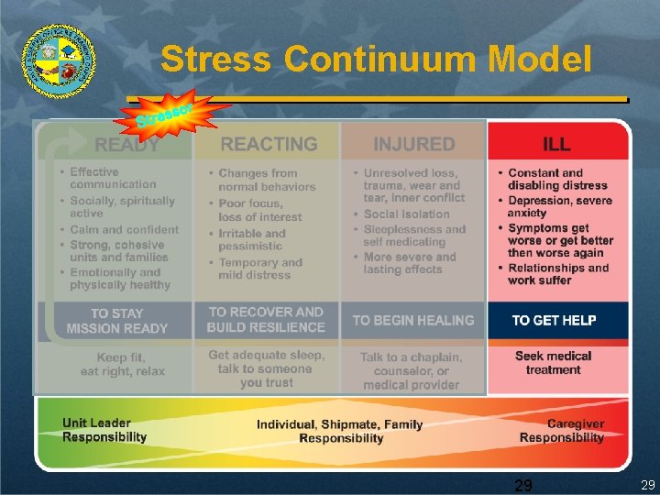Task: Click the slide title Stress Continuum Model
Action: pyautogui.click(x=376, y=60)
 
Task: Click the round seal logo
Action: pyautogui.click(x=59, y=60)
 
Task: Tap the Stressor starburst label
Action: pyautogui.click(x=167, y=114)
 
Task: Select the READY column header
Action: pyautogui.click(x=126, y=144)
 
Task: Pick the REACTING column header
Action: pyautogui.click(x=269, y=144)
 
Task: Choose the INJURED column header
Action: pyautogui.click(x=413, y=144)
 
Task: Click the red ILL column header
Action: pyautogui.click(x=556, y=144)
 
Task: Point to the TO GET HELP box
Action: pyautogui.click(x=554, y=320)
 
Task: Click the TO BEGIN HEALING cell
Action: pyautogui.click(x=413, y=320)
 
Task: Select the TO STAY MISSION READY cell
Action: pyautogui.click(x=117, y=321)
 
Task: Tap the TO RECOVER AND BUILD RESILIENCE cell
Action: pyautogui.click(x=266, y=319)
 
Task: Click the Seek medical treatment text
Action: pyautogui.click(x=553, y=363)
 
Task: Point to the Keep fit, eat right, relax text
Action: pyautogui.click(x=123, y=364)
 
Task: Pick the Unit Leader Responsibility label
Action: pyautogui.click(x=104, y=430)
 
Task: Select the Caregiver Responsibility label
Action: pyautogui.click(x=562, y=431)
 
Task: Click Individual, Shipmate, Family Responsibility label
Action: pyautogui.click(x=340, y=431)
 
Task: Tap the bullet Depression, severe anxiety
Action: pyautogui.click(x=559, y=206)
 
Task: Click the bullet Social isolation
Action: pyautogui.click(x=406, y=214)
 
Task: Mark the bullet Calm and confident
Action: pyautogui.click(x=124, y=229)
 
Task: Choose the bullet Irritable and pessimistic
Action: pyautogui.click(x=251, y=239)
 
